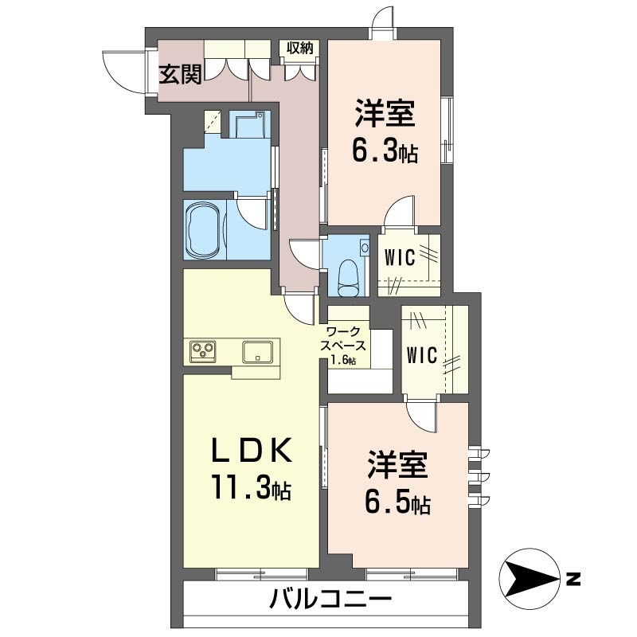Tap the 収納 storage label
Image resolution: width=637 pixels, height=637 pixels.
tap(300, 48)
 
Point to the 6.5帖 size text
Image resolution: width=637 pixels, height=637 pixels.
tap(399, 502)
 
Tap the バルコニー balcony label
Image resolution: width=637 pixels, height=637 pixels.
tap(330, 599)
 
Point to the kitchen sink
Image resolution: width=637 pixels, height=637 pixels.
tap(258, 350)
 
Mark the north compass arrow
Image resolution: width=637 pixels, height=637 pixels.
tap(529, 576)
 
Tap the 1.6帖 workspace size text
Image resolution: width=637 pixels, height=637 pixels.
tap(344, 361)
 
